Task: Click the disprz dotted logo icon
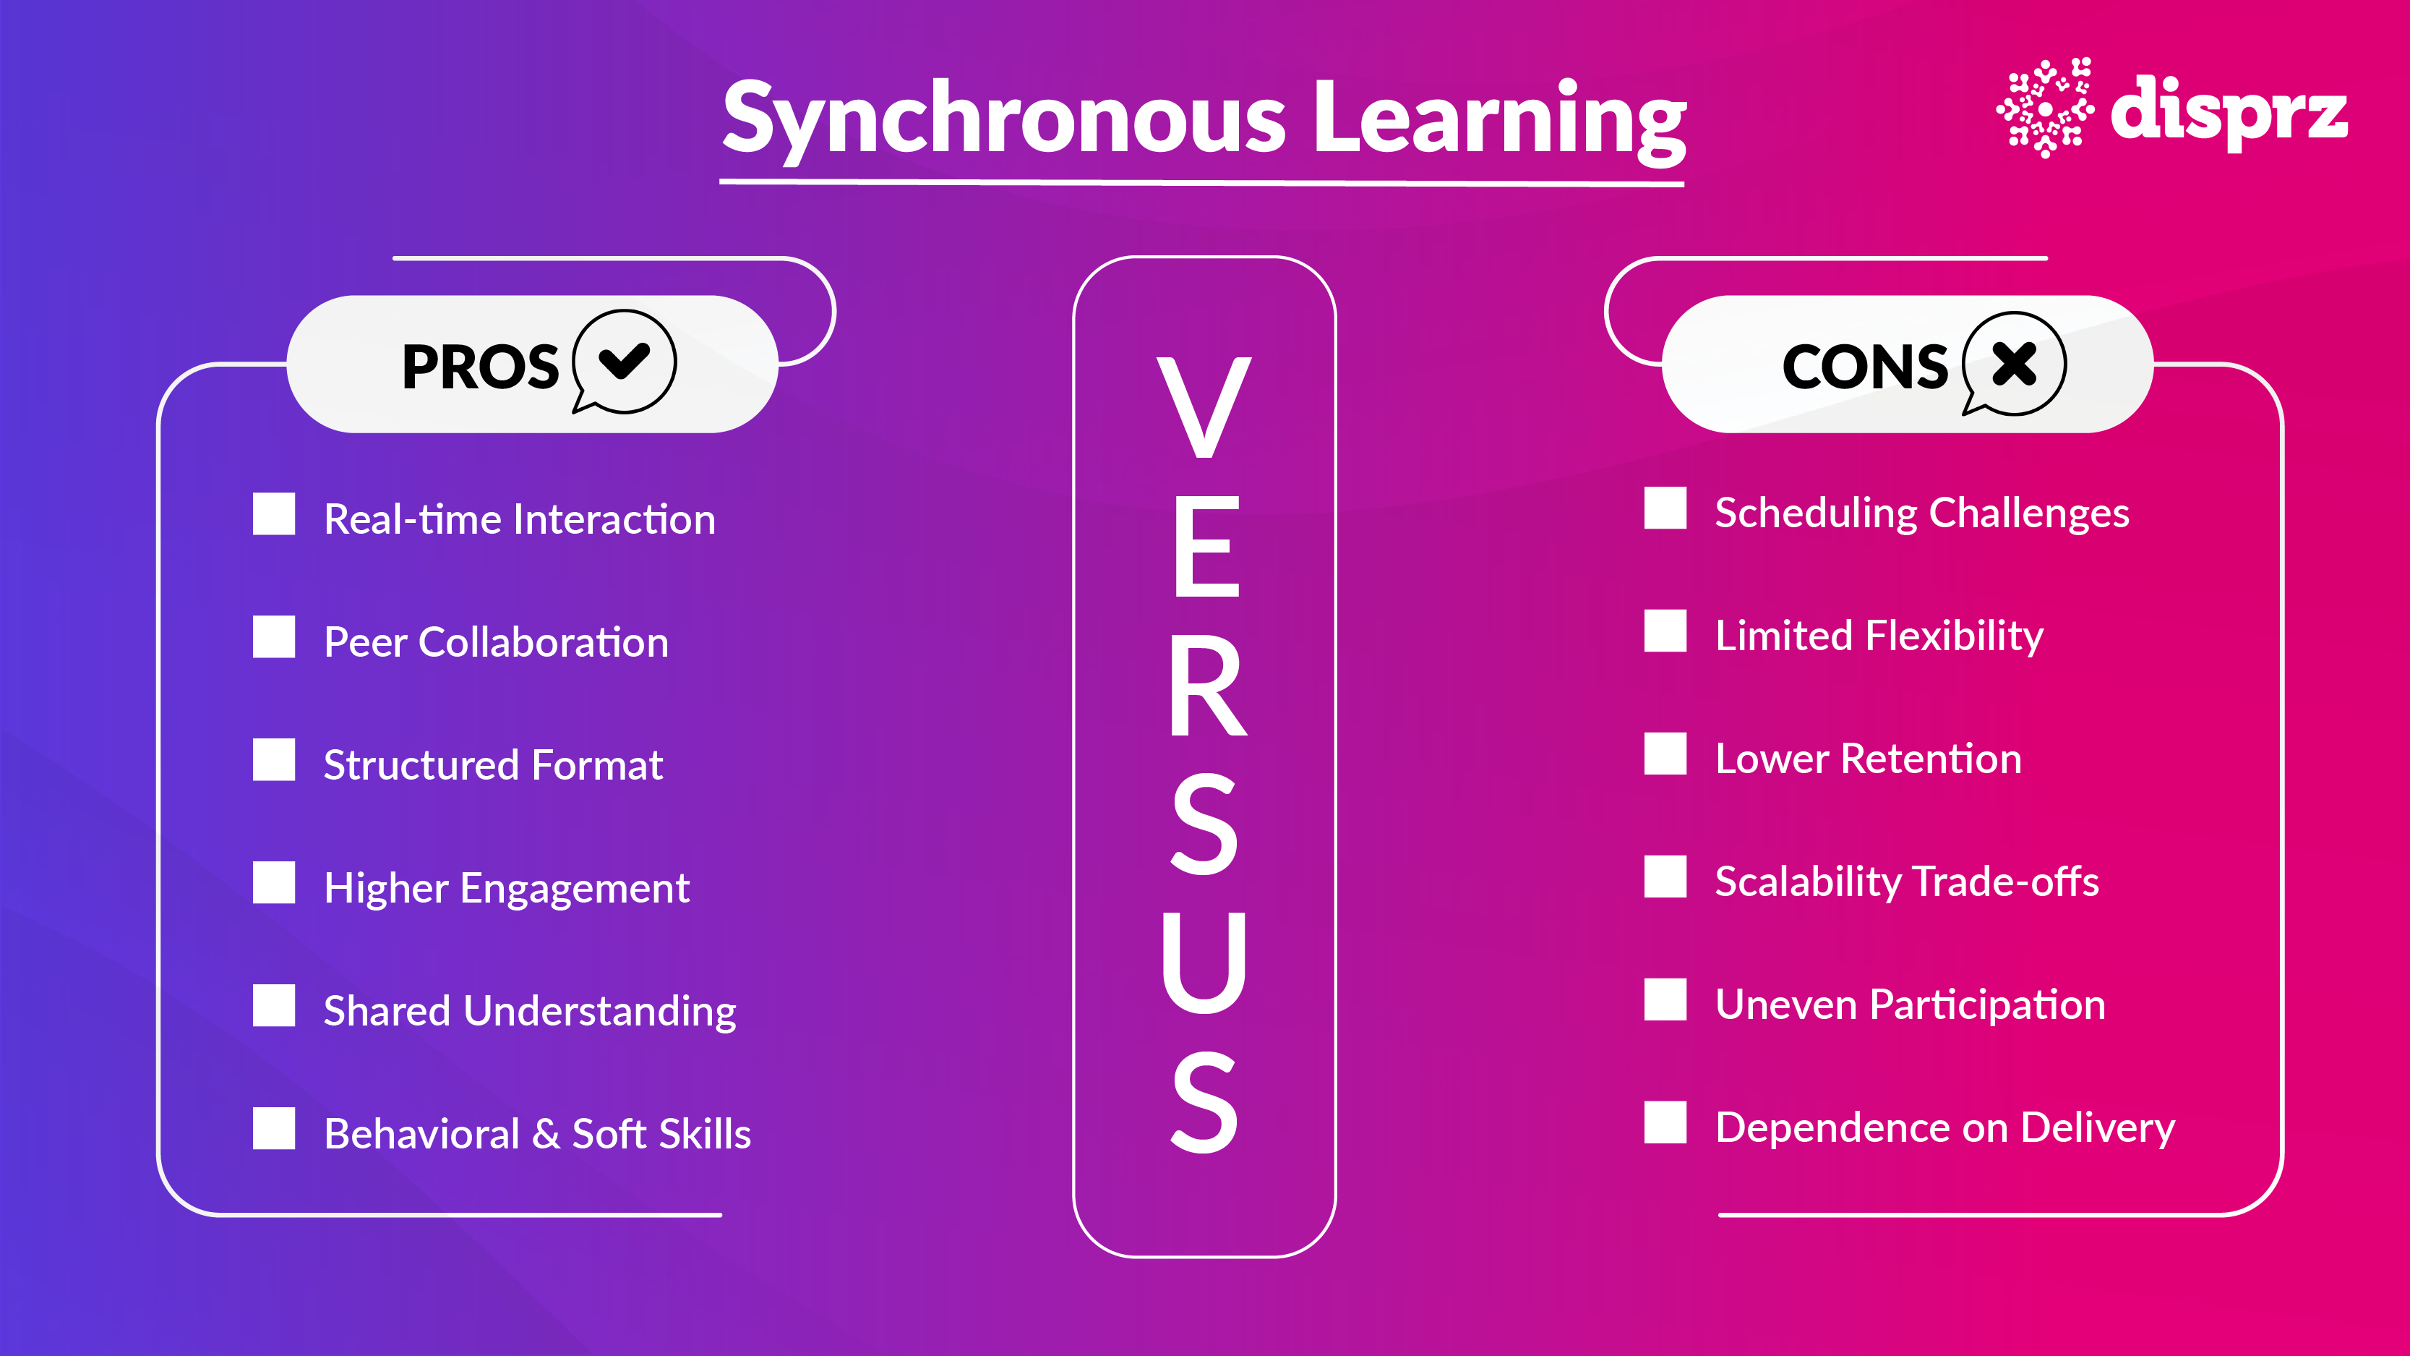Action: click(2045, 108)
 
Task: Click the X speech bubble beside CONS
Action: click(2015, 363)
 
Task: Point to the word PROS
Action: click(480, 367)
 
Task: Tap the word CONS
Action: click(1864, 367)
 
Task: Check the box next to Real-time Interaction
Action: click(273, 515)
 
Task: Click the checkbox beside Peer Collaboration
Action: click(273, 637)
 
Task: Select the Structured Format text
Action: click(493, 764)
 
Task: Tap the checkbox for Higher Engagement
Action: click(273, 882)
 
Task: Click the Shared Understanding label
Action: click(530, 1011)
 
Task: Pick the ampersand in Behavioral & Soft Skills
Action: click(546, 1134)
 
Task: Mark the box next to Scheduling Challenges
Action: click(1665, 508)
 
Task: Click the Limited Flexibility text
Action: click(1879, 636)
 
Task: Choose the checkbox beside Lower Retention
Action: click(1665, 754)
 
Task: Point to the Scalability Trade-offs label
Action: click(1907, 882)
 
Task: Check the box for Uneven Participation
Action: click(1665, 999)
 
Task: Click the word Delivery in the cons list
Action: click(2098, 1127)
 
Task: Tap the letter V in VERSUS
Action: click(1204, 408)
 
